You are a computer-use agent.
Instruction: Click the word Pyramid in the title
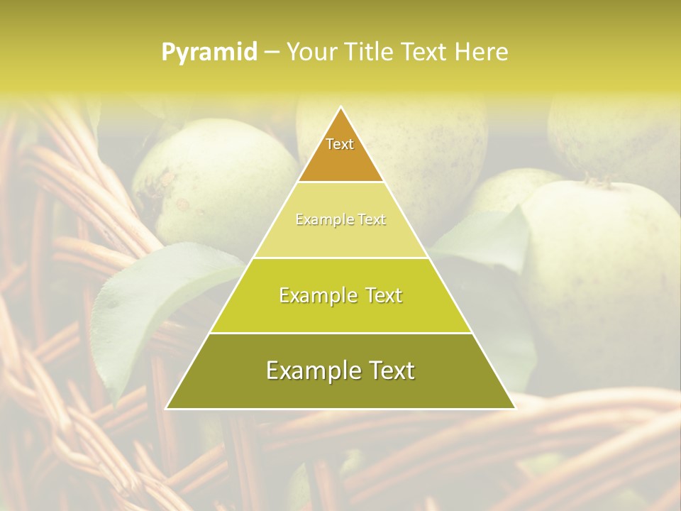pyautogui.click(x=209, y=53)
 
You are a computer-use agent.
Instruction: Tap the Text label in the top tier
pyautogui.click(x=340, y=144)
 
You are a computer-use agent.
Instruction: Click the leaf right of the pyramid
pyautogui.click(x=489, y=238)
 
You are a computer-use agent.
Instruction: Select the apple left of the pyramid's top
pyautogui.click(x=213, y=181)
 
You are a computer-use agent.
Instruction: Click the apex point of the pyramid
pyautogui.click(x=340, y=108)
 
